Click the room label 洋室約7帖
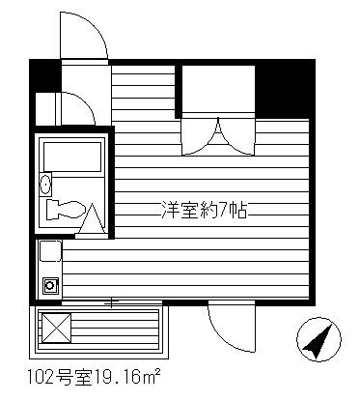coord(204,210)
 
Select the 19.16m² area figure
coord(126,377)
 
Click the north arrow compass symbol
coord(318,339)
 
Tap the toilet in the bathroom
coord(66,210)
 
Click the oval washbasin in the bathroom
coord(45,184)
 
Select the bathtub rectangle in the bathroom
coord(72,157)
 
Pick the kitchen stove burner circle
coord(50,285)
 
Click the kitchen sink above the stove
coord(50,251)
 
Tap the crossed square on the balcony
coord(56,329)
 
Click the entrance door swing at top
coord(83,36)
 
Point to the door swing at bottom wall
coord(232,326)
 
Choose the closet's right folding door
coord(237,136)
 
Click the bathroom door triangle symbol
coord(93,218)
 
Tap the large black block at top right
coord(285,89)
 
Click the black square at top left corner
coord(45,75)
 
